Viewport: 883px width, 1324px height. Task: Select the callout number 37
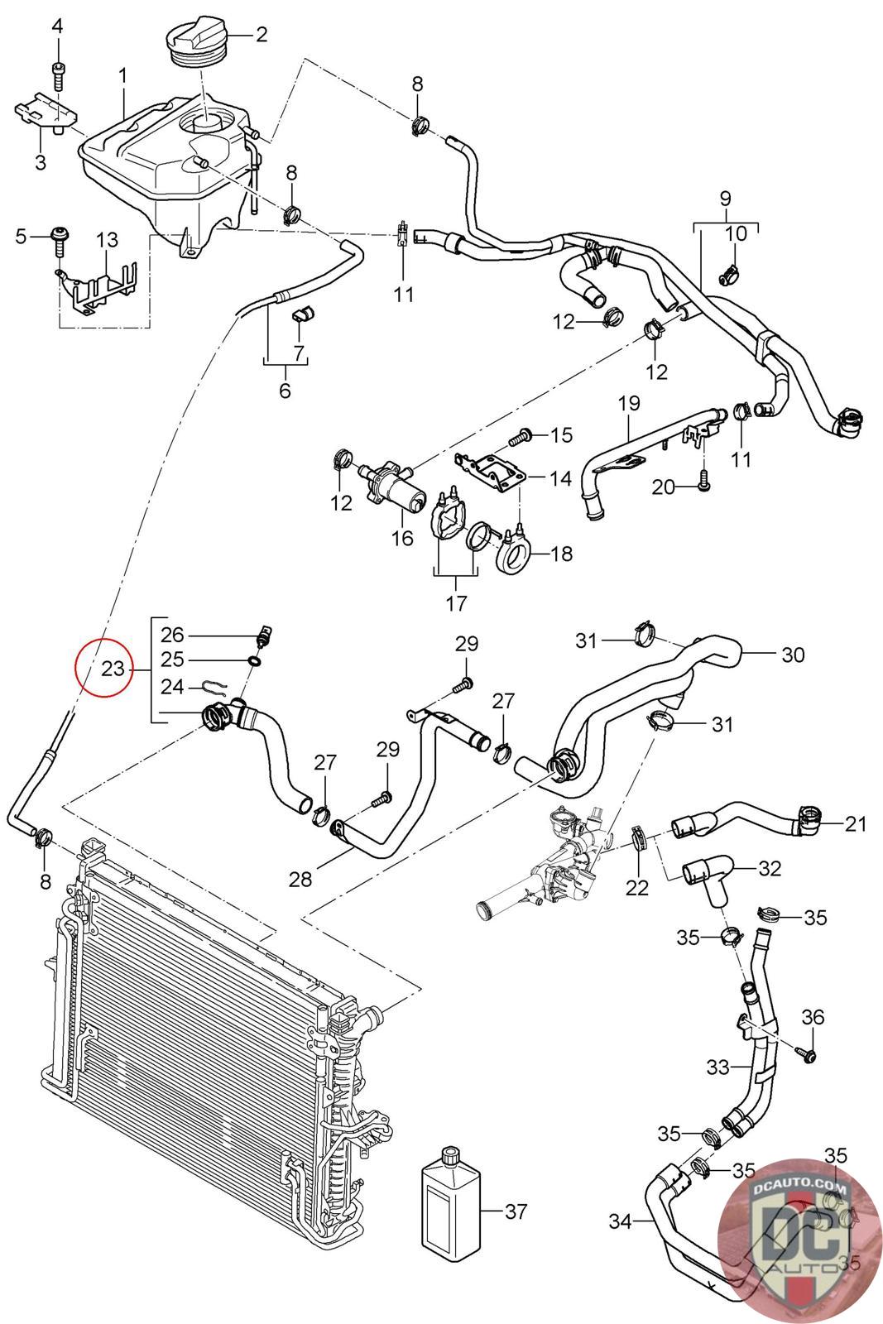pyautogui.click(x=515, y=1211)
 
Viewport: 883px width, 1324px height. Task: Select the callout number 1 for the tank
pyautogui.click(x=122, y=76)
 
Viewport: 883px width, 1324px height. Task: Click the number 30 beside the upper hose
pyautogui.click(x=792, y=655)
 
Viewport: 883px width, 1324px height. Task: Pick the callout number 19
pyautogui.click(x=629, y=403)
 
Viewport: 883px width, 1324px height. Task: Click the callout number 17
pyautogui.click(x=456, y=603)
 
